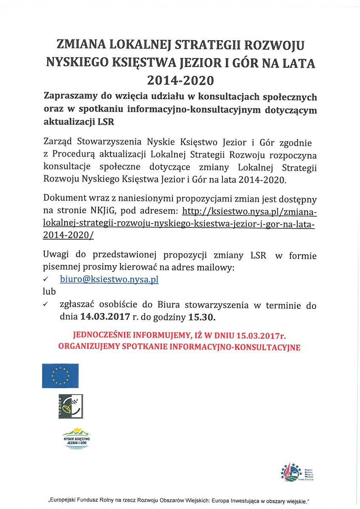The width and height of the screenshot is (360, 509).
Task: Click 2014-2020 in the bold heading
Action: pyautogui.click(x=180, y=80)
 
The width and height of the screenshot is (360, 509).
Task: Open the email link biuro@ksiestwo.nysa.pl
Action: pyautogui.click(x=109, y=280)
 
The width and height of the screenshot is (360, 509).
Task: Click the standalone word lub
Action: pyautogui.click(x=49, y=292)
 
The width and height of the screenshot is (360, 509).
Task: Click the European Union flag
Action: pyautogui.click(x=60, y=375)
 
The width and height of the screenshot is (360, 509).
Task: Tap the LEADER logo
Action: pyautogui.click(x=70, y=406)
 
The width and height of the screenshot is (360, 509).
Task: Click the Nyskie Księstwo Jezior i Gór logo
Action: pyautogui.click(x=76, y=438)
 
